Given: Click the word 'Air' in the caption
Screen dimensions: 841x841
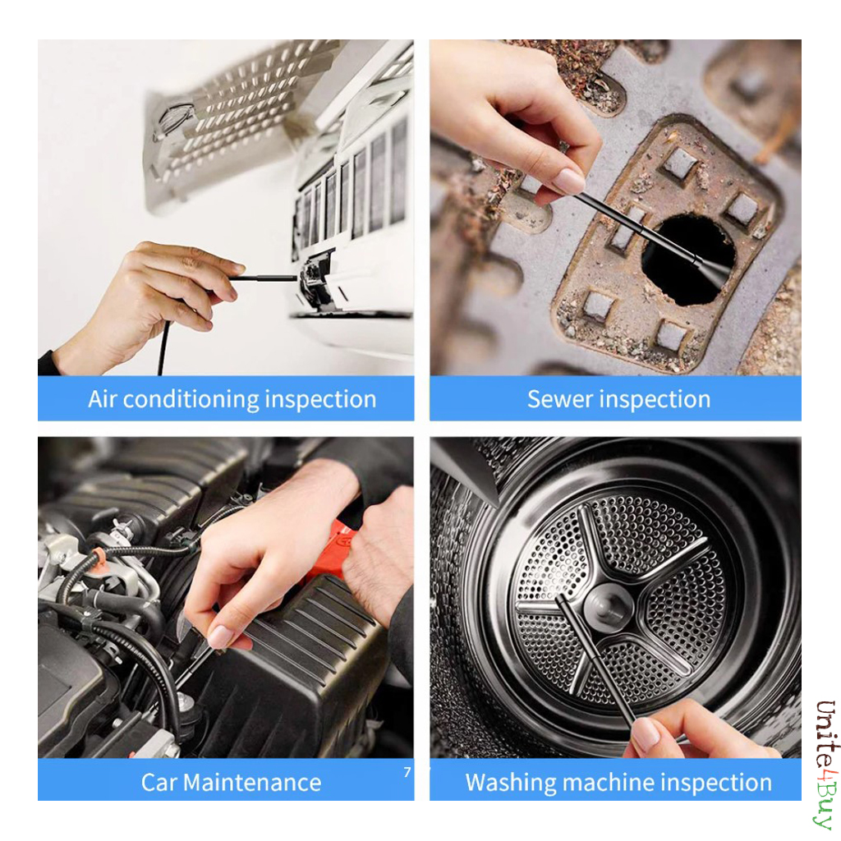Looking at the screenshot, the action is pyautogui.click(x=102, y=399).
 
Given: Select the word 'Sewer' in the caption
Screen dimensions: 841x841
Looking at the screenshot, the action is pyautogui.click(x=559, y=400).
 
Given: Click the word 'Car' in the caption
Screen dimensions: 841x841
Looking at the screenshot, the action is pyautogui.click(x=159, y=783).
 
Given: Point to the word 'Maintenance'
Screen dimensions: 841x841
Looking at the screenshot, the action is pyautogui.click(x=252, y=783).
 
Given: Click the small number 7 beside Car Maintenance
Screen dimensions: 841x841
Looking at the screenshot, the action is pyautogui.click(x=407, y=772).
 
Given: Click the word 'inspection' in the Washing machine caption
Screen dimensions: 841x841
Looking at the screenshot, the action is pyautogui.click(x=716, y=783).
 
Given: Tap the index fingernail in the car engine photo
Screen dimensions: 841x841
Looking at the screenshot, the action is pyautogui.click(x=220, y=636).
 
